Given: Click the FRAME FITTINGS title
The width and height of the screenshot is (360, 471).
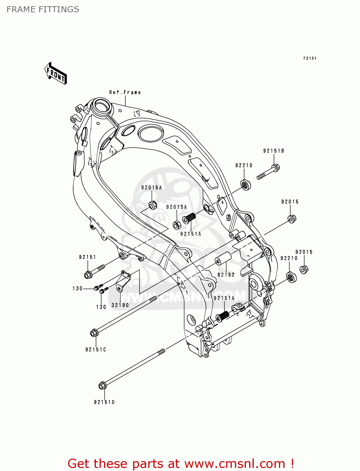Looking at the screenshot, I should pyautogui.click(x=43, y=9).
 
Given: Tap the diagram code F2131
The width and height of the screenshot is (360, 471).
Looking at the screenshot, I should pyautogui.click(x=310, y=58).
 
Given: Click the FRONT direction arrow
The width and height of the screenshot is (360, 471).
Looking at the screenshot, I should pyautogui.click(x=56, y=73).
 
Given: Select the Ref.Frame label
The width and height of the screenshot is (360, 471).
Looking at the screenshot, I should pyautogui.click(x=125, y=92).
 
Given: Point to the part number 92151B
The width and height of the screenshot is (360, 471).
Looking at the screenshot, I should pyautogui.click(x=273, y=151).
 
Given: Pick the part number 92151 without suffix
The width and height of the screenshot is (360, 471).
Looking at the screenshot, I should pyautogui.click(x=87, y=257).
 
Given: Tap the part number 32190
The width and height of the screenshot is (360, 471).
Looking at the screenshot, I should pyautogui.click(x=120, y=305).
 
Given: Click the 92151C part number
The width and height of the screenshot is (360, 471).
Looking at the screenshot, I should pyautogui.click(x=95, y=349).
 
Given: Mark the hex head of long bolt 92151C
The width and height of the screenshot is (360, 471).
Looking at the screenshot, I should pyautogui.click(x=94, y=333).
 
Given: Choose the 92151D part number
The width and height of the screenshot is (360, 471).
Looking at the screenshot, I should pyautogui.click(x=104, y=402).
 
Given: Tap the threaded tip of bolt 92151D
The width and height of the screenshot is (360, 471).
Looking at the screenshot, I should pyautogui.click(x=161, y=351).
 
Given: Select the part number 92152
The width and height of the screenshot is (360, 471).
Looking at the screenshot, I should pyautogui.click(x=226, y=275).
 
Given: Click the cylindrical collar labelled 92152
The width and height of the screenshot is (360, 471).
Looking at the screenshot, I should pyautogui.click(x=223, y=258).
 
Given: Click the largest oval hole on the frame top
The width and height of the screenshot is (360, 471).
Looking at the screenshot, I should pyautogui.click(x=150, y=133).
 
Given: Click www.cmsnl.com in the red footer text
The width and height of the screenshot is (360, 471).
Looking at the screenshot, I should pyautogui.click(x=235, y=463).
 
